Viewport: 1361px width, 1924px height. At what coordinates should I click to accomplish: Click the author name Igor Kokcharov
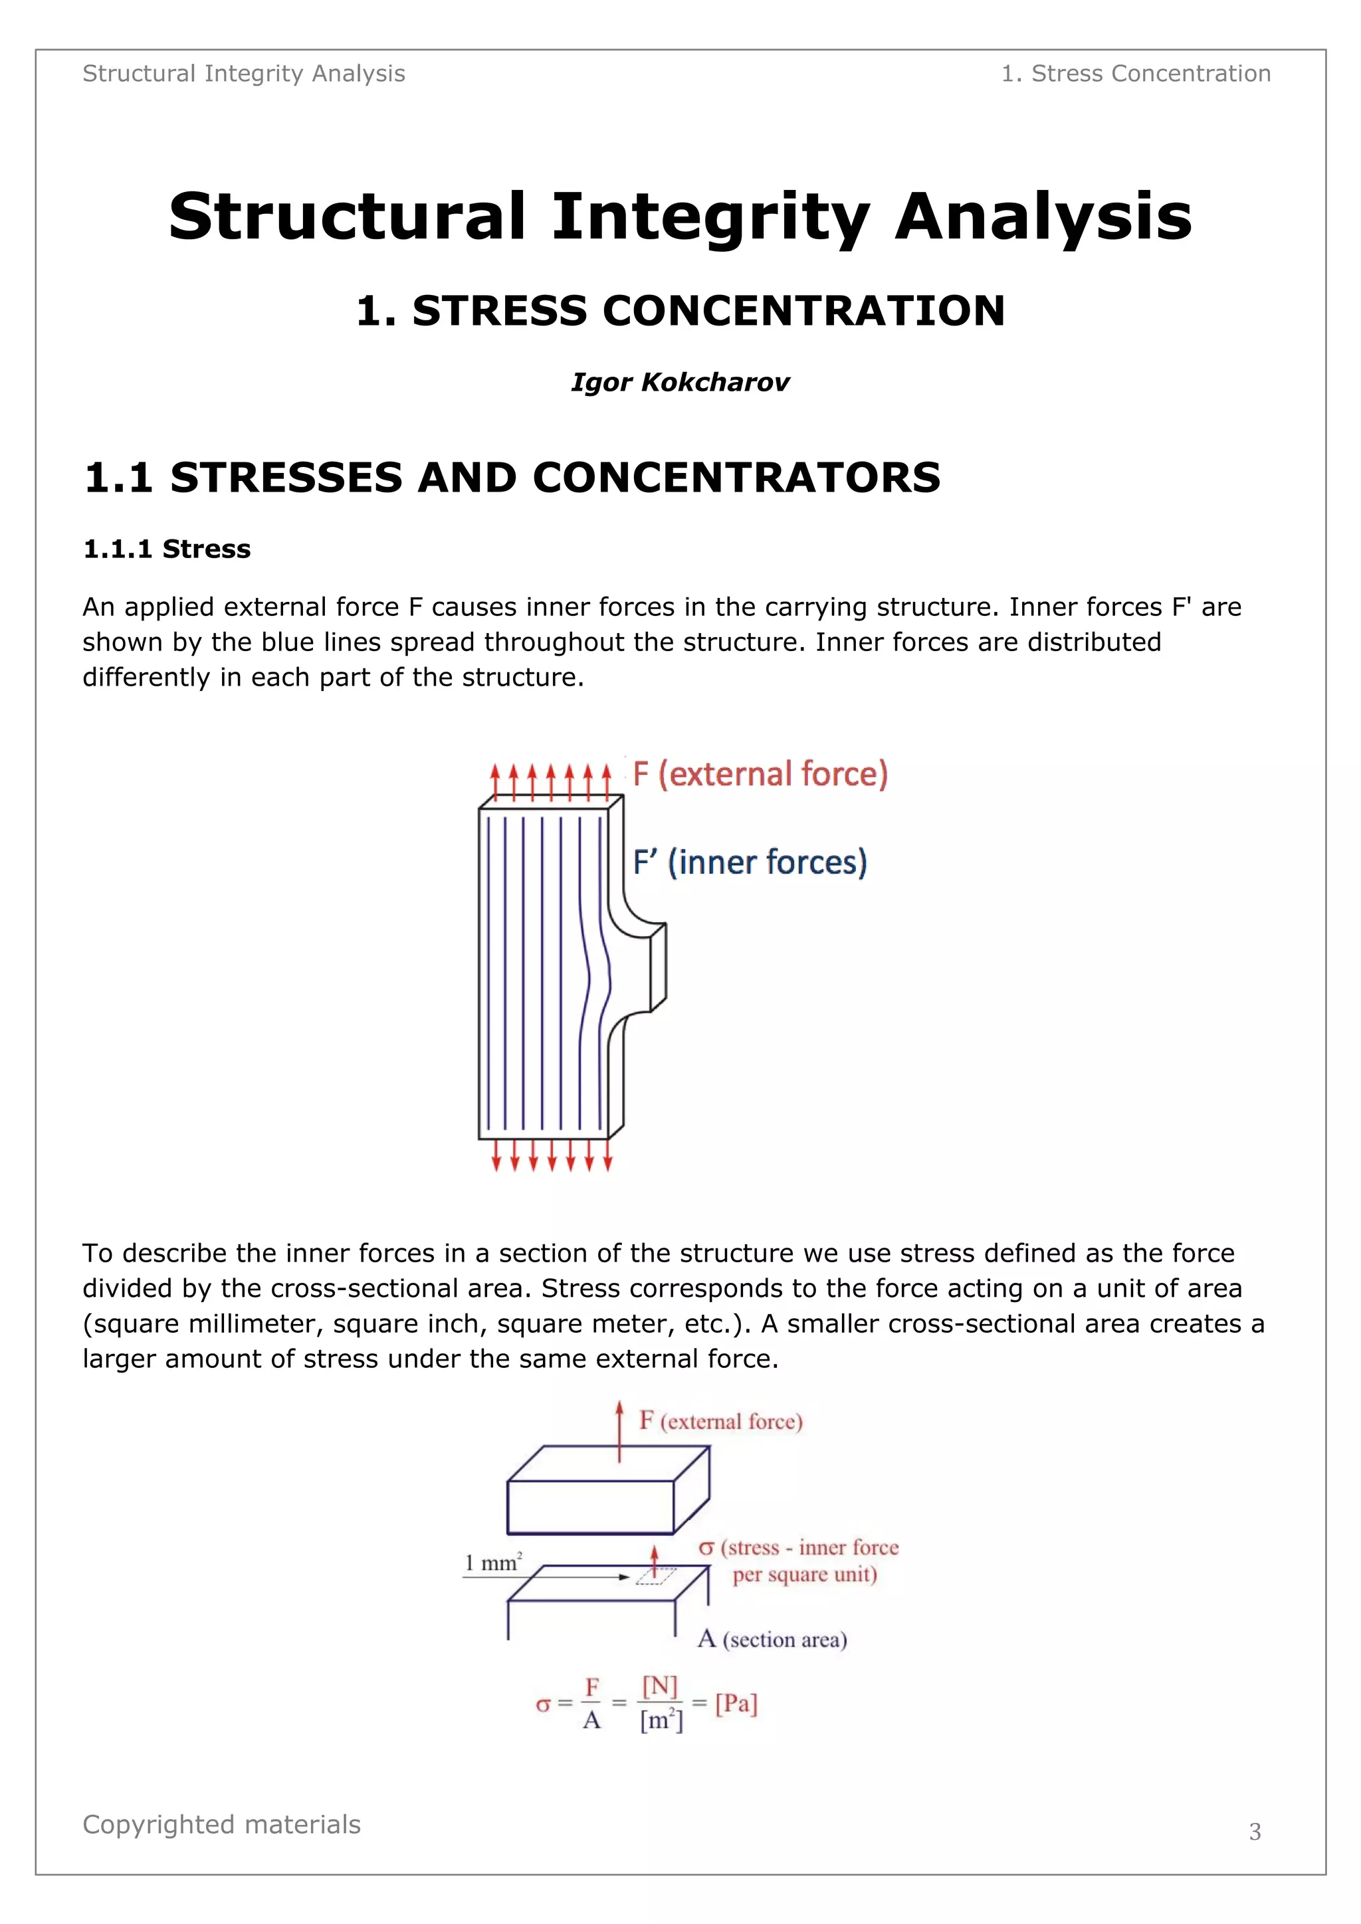click(680, 382)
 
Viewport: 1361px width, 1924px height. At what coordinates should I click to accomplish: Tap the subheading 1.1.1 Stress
click(167, 549)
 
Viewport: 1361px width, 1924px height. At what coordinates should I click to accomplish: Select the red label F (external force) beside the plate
click(760, 773)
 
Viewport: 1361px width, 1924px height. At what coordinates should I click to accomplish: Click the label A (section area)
click(772, 1639)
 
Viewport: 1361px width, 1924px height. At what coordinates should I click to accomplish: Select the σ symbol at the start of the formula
click(543, 1705)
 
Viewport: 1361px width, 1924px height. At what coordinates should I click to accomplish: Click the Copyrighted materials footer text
click(221, 1824)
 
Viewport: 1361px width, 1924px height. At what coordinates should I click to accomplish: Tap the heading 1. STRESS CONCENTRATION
click(680, 311)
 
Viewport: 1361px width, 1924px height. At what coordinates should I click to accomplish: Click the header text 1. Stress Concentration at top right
click(1136, 74)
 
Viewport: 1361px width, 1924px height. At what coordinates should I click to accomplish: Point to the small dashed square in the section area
click(655, 1577)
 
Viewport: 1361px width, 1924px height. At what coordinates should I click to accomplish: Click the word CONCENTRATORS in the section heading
click(736, 478)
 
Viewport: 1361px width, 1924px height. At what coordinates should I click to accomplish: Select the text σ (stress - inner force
click(798, 1548)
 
